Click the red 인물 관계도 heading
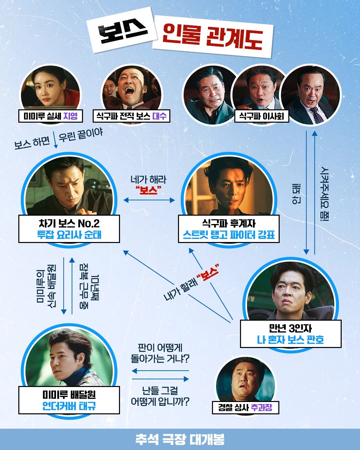[x=213, y=36]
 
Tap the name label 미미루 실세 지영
[x=51, y=116]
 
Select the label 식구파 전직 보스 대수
[x=131, y=116]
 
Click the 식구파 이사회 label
[x=262, y=116]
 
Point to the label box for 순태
[x=69, y=229]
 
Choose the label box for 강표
[x=229, y=229]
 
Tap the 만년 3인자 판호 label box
[x=291, y=334]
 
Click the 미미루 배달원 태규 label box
[x=69, y=400]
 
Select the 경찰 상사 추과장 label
[x=245, y=407]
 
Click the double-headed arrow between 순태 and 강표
[x=149, y=200]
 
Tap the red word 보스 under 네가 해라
[x=149, y=190]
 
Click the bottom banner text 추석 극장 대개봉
[x=180, y=439]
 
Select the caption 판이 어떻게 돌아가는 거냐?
[x=160, y=353]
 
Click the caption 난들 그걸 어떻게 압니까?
[x=160, y=396]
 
